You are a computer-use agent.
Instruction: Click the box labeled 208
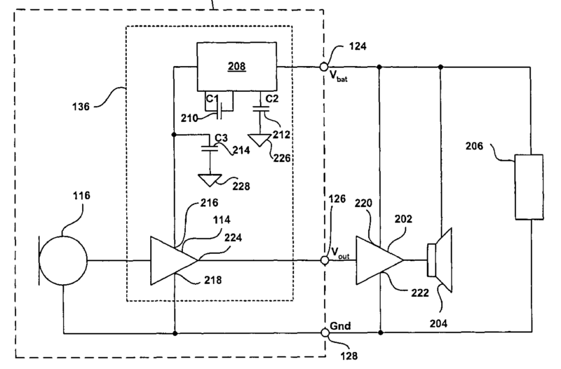pos(236,67)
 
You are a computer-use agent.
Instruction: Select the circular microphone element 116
pos(63,261)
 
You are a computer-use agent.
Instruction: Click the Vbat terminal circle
pos(325,67)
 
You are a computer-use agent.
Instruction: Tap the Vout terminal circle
pos(325,261)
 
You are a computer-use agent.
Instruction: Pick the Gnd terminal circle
pos(325,332)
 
